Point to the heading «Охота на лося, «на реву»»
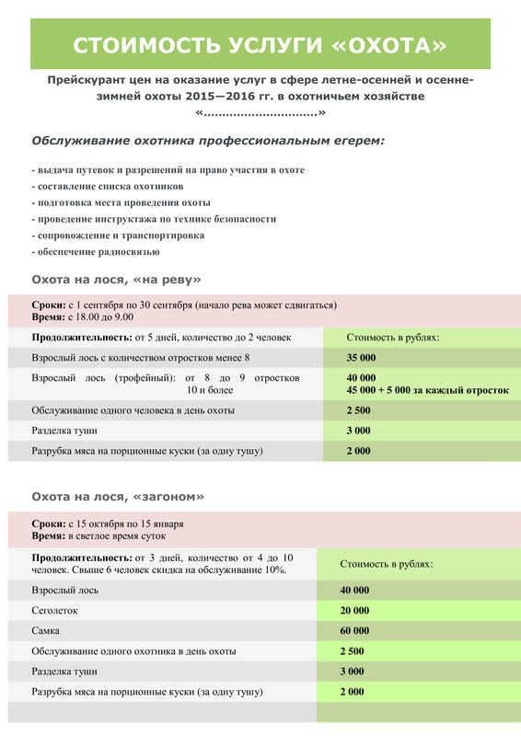point(116,278)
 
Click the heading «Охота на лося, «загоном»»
point(118,496)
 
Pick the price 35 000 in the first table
point(362,357)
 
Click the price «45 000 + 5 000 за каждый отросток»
point(427,390)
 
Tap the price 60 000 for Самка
point(354,630)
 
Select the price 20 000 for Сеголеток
point(354,610)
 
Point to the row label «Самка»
point(48,630)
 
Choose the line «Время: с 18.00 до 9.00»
point(85,316)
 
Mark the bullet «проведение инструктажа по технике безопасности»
point(154,219)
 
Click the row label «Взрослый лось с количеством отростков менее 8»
point(141,357)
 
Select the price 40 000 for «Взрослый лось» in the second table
point(354,590)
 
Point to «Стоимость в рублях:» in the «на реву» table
point(393,337)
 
